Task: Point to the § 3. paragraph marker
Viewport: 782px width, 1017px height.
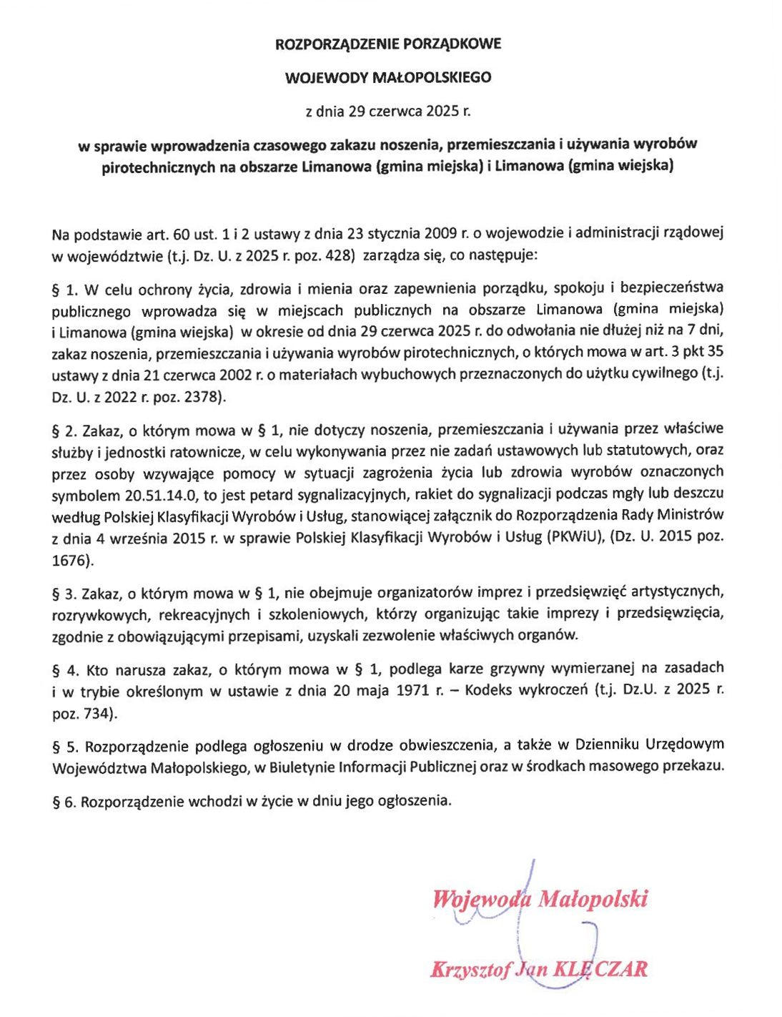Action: (x=65, y=593)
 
